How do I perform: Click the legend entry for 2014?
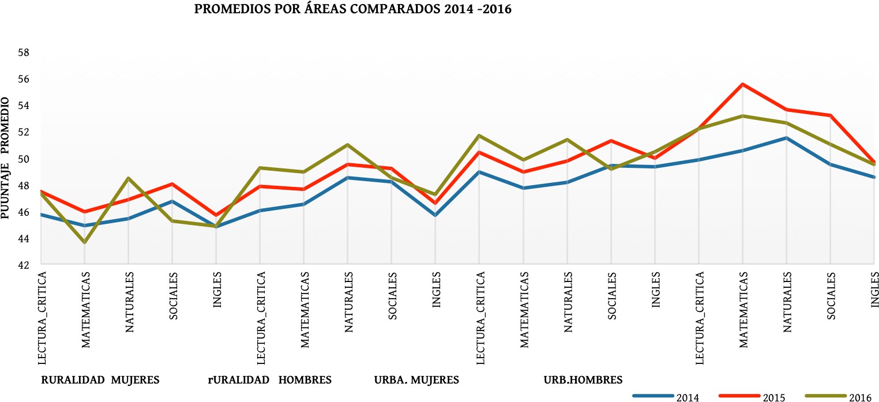[x=666, y=397]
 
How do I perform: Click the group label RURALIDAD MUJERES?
[x=100, y=380]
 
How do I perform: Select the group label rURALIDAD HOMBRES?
[x=269, y=380]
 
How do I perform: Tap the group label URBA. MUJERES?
[x=416, y=380]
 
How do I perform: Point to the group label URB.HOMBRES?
[x=583, y=380]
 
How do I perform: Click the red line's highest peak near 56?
[x=743, y=84]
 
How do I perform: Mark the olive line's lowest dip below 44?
[x=85, y=242]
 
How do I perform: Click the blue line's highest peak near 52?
[x=786, y=138]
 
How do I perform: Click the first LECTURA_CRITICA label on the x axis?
[x=42, y=318]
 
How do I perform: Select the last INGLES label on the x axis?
[x=874, y=288]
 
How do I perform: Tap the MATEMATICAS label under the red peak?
[x=743, y=311]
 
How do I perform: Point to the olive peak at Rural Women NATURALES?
[x=129, y=178]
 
